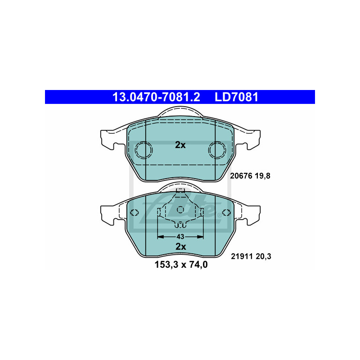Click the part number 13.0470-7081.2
156,97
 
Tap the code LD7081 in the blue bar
237,97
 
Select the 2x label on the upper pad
180,145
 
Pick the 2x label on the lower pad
181,247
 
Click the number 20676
241,176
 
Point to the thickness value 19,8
263,176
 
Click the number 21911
242,256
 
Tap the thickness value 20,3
264,256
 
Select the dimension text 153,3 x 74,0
181,265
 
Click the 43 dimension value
180,237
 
